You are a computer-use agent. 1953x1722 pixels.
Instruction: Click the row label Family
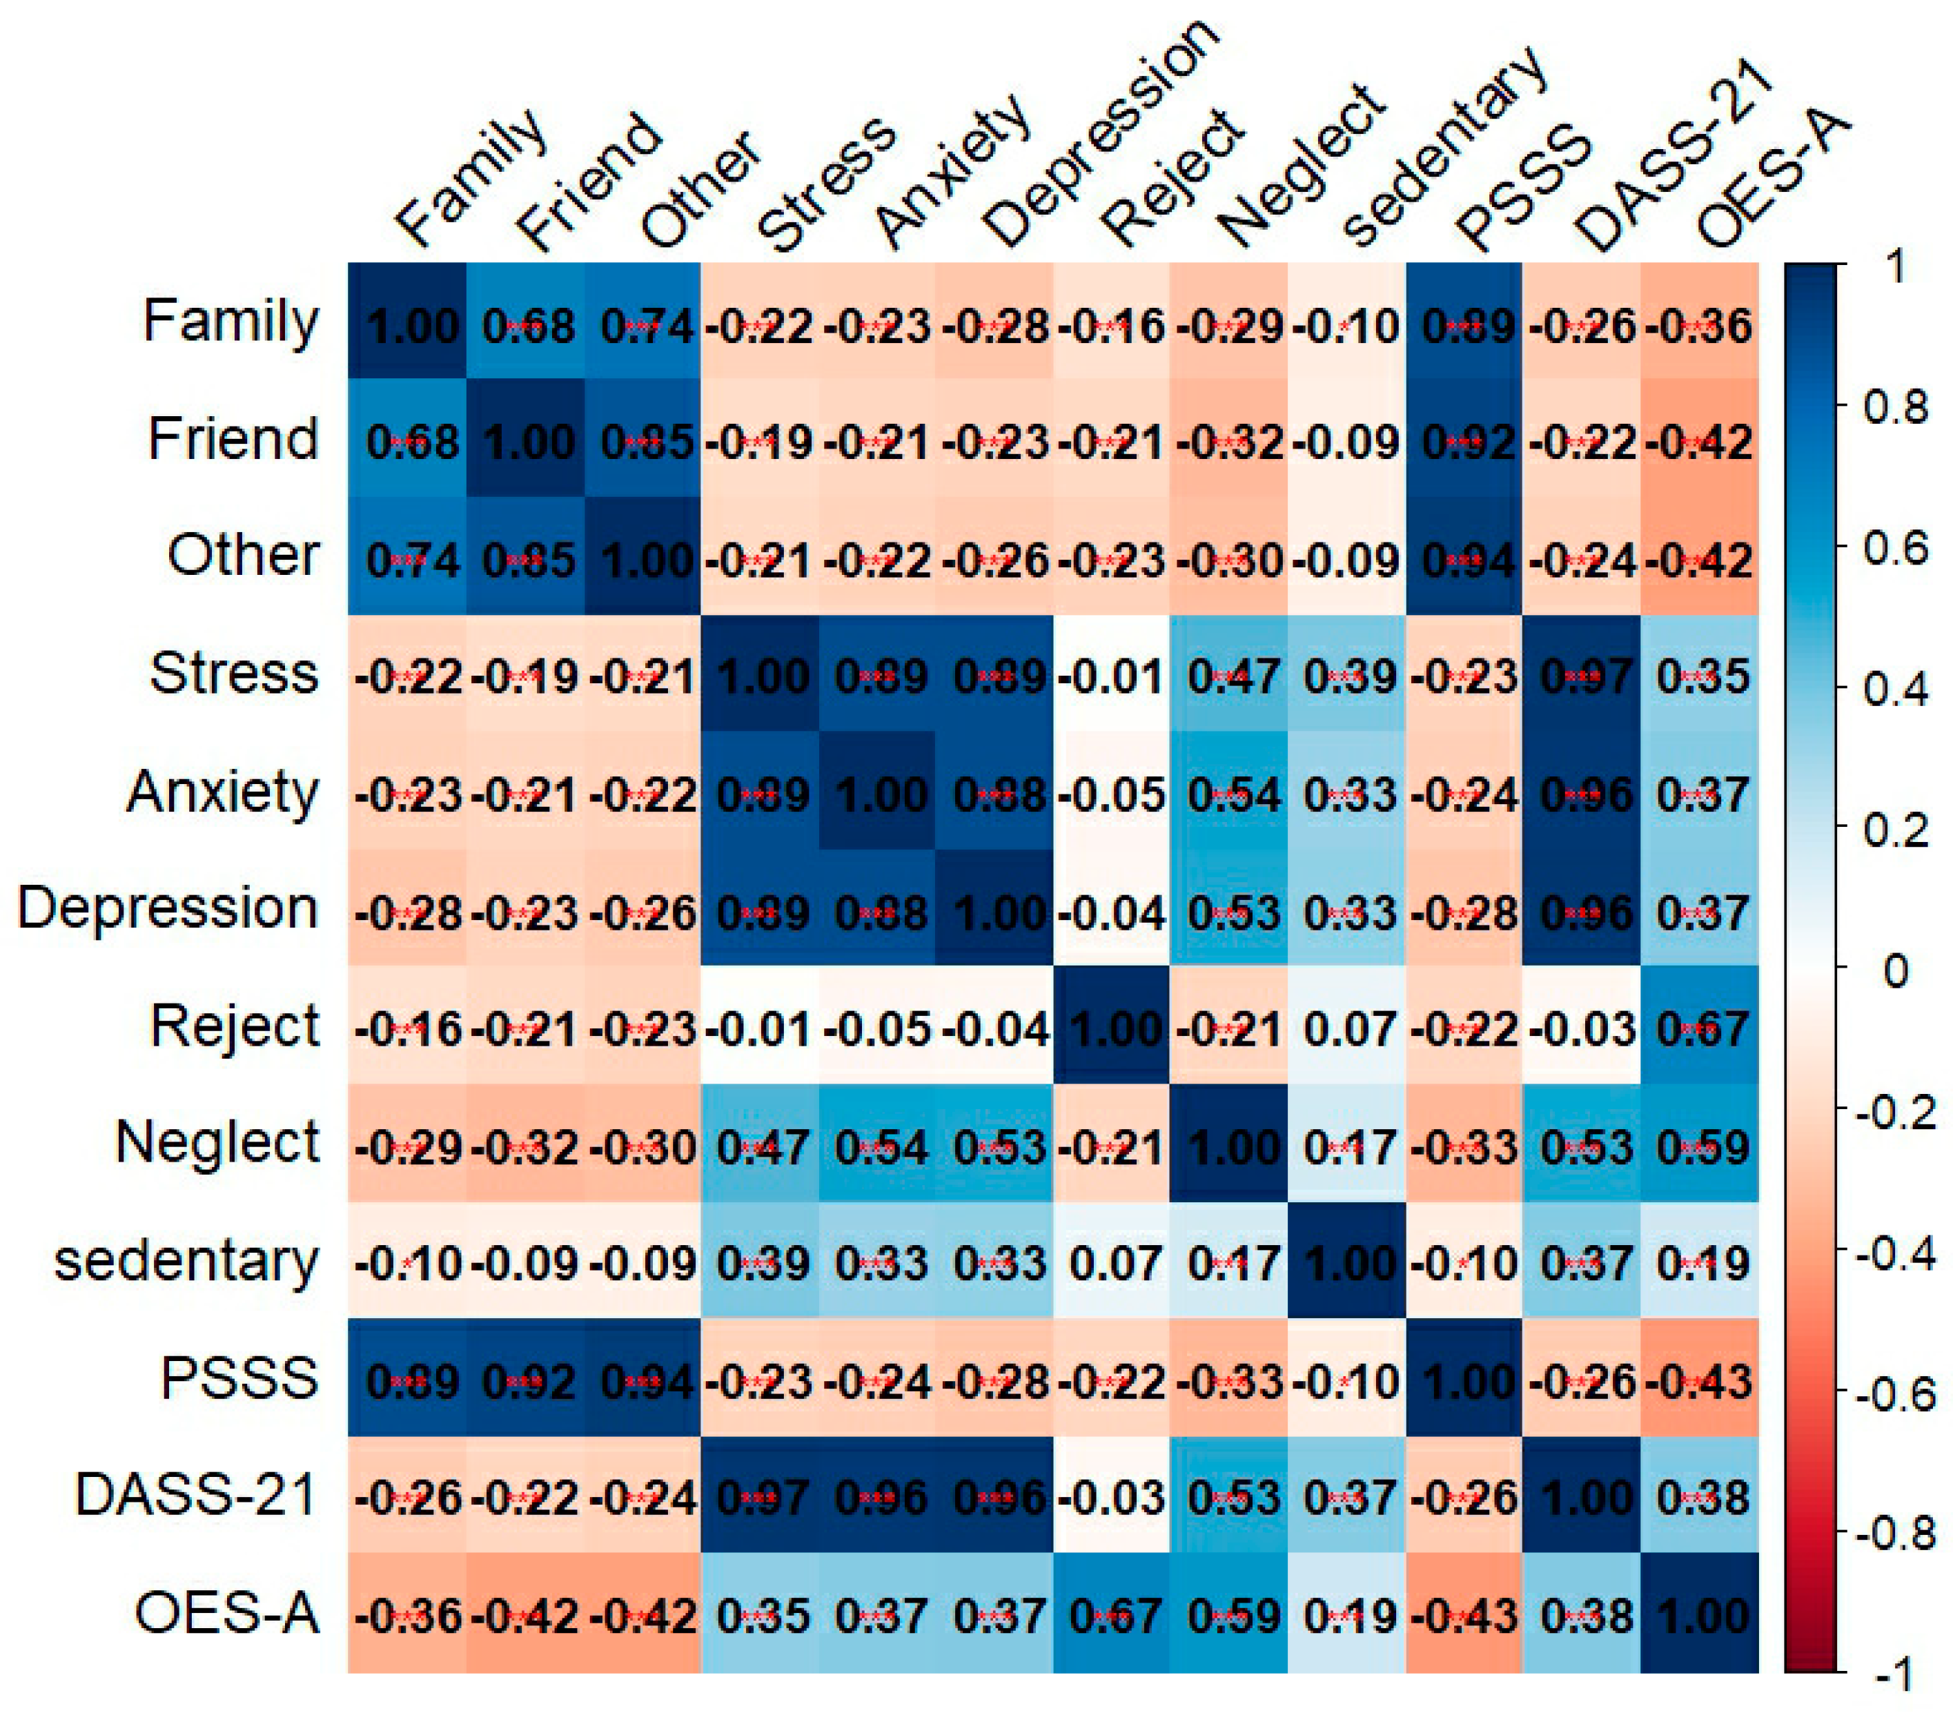coord(230,322)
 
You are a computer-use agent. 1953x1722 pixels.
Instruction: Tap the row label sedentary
coord(186,1262)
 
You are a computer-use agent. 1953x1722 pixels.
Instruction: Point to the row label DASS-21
coord(196,1496)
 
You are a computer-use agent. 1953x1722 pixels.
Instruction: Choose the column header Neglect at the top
coord(1299,167)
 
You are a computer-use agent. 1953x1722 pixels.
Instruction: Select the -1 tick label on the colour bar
coord(1891,1674)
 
